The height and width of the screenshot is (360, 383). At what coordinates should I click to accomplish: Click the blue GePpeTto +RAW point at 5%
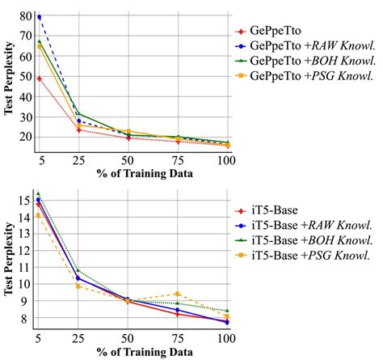(39, 17)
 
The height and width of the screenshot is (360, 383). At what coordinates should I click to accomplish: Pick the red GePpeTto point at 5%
(39, 78)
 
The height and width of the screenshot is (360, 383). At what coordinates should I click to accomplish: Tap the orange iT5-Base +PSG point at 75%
(178, 294)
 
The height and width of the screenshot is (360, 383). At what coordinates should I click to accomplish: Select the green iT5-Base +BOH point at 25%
(78, 271)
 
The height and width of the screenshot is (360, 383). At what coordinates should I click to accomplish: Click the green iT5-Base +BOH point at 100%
(227, 311)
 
